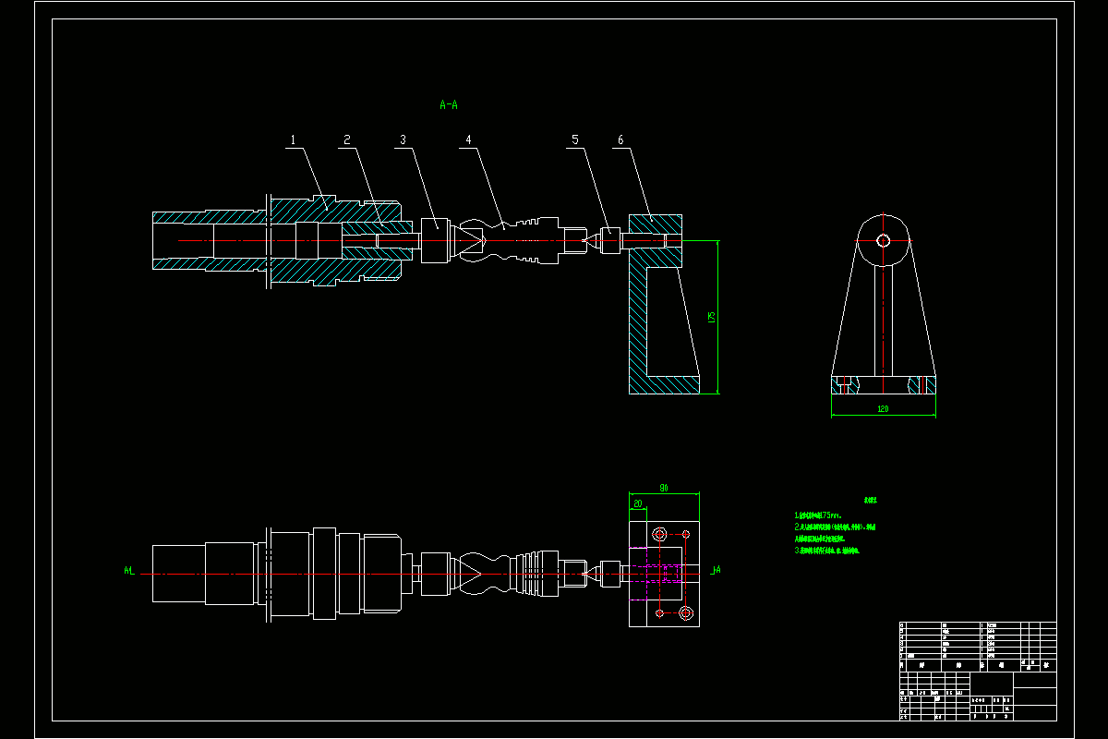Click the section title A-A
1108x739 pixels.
[x=449, y=105]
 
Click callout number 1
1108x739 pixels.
[x=293, y=140]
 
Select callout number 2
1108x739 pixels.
[x=347, y=140]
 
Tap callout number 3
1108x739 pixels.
[x=403, y=140]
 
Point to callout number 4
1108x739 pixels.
[x=468, y=140]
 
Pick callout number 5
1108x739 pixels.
[x=575, y=140]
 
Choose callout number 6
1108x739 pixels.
[x=620, y=140]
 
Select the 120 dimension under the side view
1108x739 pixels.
[x=883, y=408]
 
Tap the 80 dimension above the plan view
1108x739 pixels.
[x=664, y=487]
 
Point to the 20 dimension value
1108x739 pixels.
[x=637, y=504]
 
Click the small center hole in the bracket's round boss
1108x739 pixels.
[x=883, y=240]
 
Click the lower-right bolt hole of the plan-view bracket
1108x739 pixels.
[x=685, y=613]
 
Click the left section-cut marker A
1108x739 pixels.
[x=128, y=571]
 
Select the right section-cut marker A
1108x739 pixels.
[x=717, y=571]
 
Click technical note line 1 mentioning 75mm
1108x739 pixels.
[x=818, y=515]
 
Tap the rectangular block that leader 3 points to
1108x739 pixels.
[x=435, y=240]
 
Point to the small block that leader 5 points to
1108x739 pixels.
[x=610, y=240]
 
